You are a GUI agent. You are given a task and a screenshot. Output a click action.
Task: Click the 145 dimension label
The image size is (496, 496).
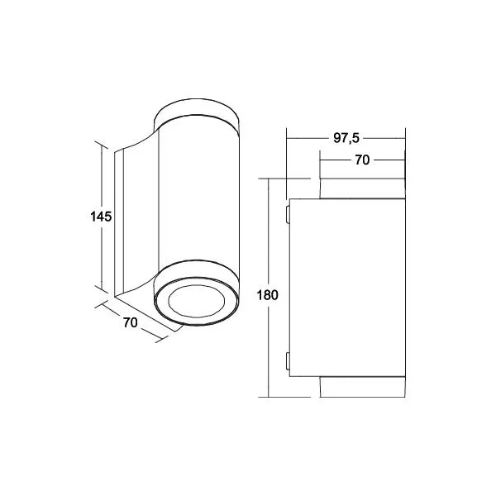[101, 217]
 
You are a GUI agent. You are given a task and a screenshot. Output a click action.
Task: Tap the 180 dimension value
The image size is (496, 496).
[268, 295]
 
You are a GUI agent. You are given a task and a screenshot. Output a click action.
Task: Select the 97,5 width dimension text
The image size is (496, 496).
[346, 138]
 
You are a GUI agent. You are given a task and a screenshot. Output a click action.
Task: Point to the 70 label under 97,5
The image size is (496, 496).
[362, 160]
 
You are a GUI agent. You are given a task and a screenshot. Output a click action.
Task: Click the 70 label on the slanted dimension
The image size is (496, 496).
[131, 322]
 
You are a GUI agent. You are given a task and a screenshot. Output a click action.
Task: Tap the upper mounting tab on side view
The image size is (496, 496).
[288, 214]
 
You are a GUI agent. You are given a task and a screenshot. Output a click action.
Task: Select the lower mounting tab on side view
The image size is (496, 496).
[288, 360]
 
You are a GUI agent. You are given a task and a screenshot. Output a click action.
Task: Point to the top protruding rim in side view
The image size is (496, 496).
[362, 188]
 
